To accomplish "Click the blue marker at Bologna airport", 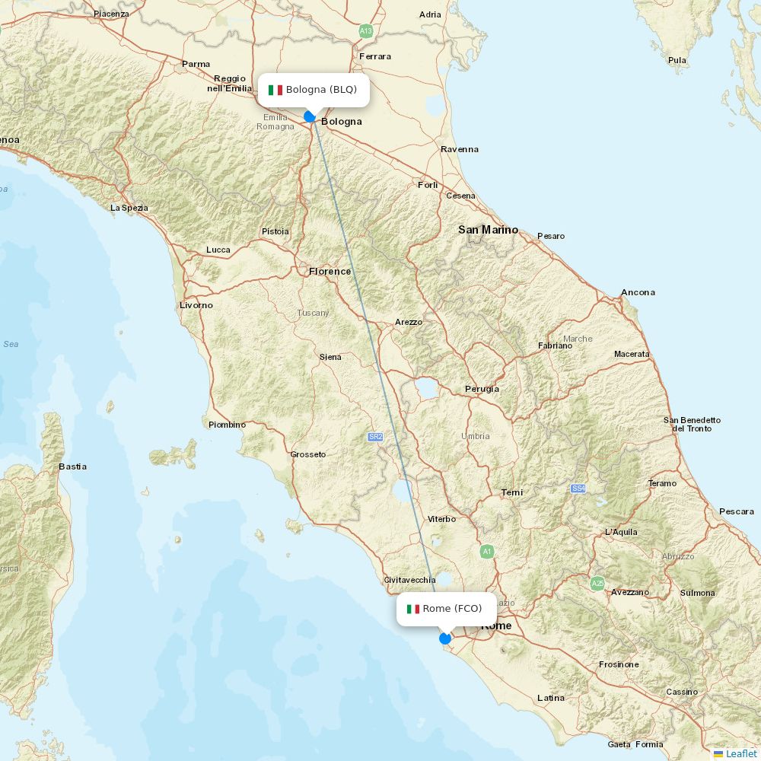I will [310, 116].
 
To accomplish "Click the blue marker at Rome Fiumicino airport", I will [445, 638].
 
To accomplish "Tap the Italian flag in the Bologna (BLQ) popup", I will [275, 90].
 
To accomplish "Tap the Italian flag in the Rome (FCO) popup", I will [413, 609].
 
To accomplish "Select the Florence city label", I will [330, 272].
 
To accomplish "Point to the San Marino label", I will [488, 230].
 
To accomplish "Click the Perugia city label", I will [482, 389].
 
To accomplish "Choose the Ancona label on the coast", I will [638, 292].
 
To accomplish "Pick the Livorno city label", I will [196, 305].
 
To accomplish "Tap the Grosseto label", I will [307, 455].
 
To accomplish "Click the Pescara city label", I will [736, 511].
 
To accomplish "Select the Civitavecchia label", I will [409, 580].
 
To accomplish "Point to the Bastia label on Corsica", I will [73, 466].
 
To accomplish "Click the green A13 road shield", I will [366, 31].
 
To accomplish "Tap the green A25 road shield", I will [597, 584].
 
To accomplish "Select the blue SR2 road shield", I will [375, 437].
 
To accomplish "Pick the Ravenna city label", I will [460, 149].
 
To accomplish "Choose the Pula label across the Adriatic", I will [677, 60].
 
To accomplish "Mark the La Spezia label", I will [129, 208].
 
